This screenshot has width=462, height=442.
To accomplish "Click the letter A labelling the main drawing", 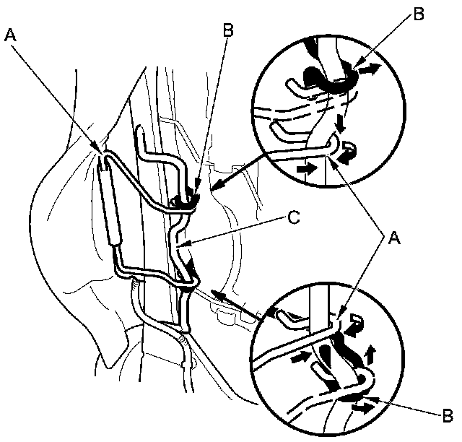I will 9,33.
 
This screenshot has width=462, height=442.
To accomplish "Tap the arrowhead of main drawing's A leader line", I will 103,151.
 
